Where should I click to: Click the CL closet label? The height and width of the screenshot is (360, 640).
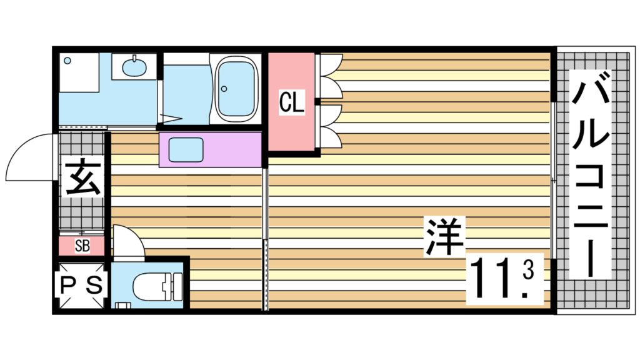click(291, 102)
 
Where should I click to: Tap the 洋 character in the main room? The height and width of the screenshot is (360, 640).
click(444, 236)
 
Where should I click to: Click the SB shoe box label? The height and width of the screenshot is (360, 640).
click(82, 246)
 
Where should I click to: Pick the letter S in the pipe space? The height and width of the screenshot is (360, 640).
click(94, 285)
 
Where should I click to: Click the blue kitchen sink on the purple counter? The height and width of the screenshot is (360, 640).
click(186, 149)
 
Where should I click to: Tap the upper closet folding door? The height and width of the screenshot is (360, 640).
click(330, 76)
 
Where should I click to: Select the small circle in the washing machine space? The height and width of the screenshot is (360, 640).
click(67, 61)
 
